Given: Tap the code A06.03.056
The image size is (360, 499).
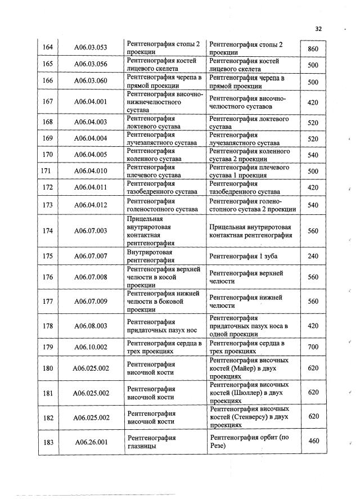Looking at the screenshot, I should (x=91, y=65).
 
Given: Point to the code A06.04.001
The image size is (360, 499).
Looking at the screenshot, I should (x=91, y=102).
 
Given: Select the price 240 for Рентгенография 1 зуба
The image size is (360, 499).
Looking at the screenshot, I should (x=313, y=257).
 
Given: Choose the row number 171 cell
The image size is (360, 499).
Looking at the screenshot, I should (x=48, y=171).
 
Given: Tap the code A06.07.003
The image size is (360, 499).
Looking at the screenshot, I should (x=91, y=231).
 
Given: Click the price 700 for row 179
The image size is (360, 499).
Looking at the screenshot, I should (x=313, y=348).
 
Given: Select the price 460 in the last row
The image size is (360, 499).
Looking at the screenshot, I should (x=313, y=440).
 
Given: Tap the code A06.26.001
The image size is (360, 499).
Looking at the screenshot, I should (x=91, y=442).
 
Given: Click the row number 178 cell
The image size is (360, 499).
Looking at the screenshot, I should (x=48, y=325).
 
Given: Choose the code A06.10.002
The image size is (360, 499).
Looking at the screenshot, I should (x=91, y=348).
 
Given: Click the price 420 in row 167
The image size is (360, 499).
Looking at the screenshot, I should (x=313, y=102).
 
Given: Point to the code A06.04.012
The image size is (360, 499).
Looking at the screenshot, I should (x=91, y=205).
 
